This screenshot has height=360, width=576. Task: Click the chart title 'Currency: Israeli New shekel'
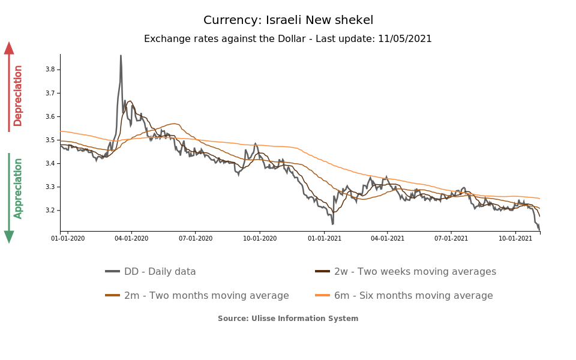point(288,20)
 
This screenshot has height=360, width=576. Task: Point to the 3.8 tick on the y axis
point(50,70)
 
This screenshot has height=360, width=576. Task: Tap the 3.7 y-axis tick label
point(50,93)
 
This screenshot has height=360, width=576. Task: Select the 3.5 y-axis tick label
point(50,140)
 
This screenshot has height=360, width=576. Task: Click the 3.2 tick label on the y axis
point(50,211)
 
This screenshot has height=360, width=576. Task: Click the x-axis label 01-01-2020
point(68,238)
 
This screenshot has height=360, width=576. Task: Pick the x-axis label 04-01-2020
point(131,238)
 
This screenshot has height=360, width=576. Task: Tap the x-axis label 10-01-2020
point(260,238)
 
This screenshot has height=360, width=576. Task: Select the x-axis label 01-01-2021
point(324,238)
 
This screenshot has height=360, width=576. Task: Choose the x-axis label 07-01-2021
point(451,238)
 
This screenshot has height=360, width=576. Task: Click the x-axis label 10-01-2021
point(515,238)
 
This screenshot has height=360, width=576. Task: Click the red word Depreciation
point(18,95)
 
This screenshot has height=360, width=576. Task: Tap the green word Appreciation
point(18,188)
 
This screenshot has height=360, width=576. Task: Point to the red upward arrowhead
point(9,48)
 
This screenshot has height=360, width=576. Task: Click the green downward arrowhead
point(9,237)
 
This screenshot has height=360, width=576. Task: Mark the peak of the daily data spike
point(121,56)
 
